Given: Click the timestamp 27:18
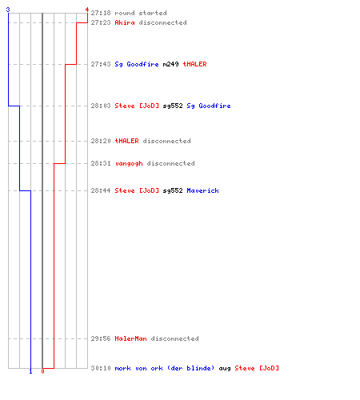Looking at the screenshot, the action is click(101, 13).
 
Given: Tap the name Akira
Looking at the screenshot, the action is click(125, 22).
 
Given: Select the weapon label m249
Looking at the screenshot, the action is click(170, 64).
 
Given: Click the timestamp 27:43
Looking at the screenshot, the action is click(101, 64).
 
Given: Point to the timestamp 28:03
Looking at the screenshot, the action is click(101, 106).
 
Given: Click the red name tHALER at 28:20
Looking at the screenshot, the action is click(126, 141).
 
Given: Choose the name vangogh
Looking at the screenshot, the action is click(129, 163).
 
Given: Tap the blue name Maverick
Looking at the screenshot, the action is click(202, 190).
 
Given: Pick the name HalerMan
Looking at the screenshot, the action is click(130, 338).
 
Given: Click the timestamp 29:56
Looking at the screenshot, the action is click(101, 338).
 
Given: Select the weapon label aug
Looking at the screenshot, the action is click(225, 369).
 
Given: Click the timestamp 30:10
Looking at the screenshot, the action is click(101, 368).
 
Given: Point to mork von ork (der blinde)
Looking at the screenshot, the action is click(165, 368).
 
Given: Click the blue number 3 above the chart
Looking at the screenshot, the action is click(8, 10).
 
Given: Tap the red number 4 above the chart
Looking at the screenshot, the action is click(87, 10).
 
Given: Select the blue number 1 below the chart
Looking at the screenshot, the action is click(30, 371).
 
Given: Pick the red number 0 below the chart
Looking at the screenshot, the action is click(42, 371).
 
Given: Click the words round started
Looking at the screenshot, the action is click(141, 13).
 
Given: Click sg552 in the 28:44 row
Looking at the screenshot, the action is click(173, 190).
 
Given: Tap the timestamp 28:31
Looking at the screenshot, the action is click(101, 163).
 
